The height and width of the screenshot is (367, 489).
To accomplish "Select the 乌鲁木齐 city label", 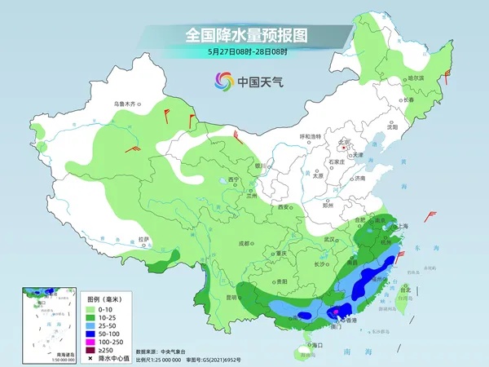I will [x=128, y=104].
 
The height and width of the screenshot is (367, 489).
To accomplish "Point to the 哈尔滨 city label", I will [x=414, y=77].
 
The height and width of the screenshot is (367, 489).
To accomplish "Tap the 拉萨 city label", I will [x=144, y=239].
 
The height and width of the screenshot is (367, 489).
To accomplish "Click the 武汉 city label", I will [x=330, y=239].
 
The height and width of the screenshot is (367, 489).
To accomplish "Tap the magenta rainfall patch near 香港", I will [x=335, y=311].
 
